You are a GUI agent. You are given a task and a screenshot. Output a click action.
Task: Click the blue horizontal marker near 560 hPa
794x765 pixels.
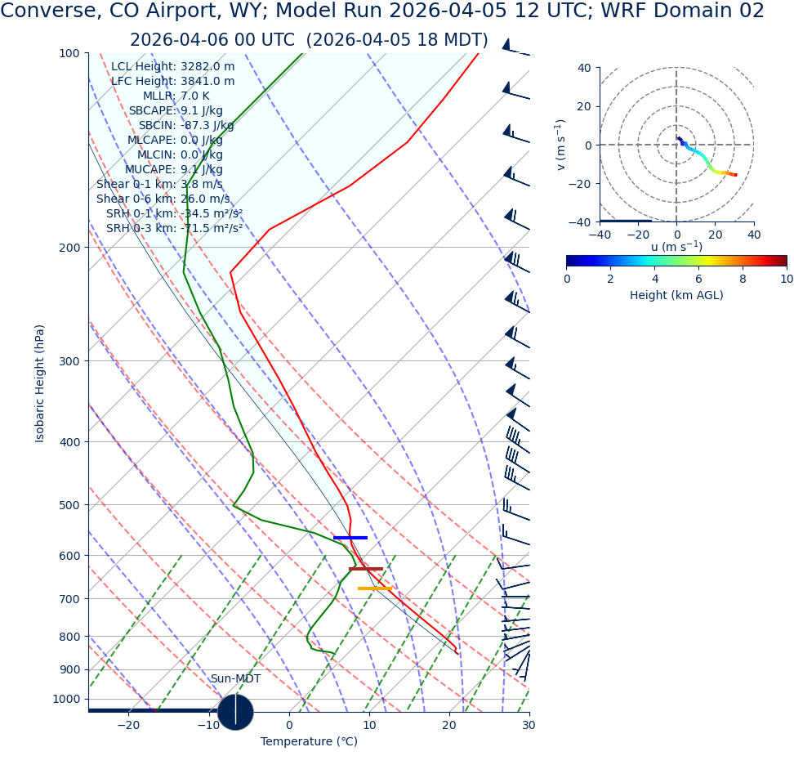(x=350, y=537)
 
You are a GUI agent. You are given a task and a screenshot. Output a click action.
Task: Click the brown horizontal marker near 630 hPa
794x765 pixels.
(x=366, y=569)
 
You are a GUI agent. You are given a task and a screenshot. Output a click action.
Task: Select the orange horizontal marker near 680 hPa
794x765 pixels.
(x=375, y=588)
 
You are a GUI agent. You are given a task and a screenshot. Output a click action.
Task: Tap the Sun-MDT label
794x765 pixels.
(x=235, y=679)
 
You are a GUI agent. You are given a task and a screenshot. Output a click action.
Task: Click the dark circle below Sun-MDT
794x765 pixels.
(x=235, y=711)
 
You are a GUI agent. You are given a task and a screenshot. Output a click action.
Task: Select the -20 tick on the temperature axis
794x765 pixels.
(x=128, y=726)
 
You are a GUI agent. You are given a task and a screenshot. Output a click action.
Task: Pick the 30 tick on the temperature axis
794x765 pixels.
(x=529, y=726)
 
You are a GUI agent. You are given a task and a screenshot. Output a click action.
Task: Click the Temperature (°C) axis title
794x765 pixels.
(x=309, y=741)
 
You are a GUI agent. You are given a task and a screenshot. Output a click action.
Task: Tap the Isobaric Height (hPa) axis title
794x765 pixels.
(x=40, y=383)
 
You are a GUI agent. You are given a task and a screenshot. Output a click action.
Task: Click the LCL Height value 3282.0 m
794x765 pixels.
(x=207, y=67)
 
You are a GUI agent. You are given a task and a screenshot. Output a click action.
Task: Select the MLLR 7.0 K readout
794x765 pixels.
(x=176, y=96)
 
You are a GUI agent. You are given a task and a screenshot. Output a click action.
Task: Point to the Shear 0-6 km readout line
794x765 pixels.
(x=163, y=199)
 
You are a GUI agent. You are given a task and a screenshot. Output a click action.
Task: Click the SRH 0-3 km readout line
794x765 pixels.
(x=174, y=229)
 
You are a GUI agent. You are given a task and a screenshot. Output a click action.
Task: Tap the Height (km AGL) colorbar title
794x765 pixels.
(x=676, y=295)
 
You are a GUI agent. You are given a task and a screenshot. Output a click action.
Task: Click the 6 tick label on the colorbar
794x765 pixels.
(x=698, y=279)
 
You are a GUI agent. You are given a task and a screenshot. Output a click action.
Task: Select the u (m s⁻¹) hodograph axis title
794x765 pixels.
(x=676, y=247)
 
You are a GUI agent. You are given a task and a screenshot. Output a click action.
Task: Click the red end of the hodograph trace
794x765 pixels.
(x=735, y=175)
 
